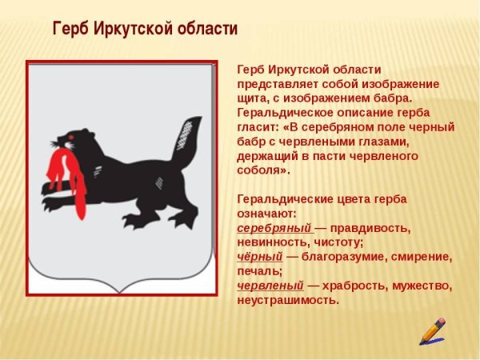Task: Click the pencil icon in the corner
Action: click(432, 330)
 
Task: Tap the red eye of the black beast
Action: click(71, 140)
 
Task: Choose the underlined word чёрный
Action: click(260, 257)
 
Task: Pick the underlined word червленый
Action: click(270, 286)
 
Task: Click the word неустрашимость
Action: click(287, 300)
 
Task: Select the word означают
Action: click(266, 214)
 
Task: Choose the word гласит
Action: click(257, 127)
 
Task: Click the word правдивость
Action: click(370, 228)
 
